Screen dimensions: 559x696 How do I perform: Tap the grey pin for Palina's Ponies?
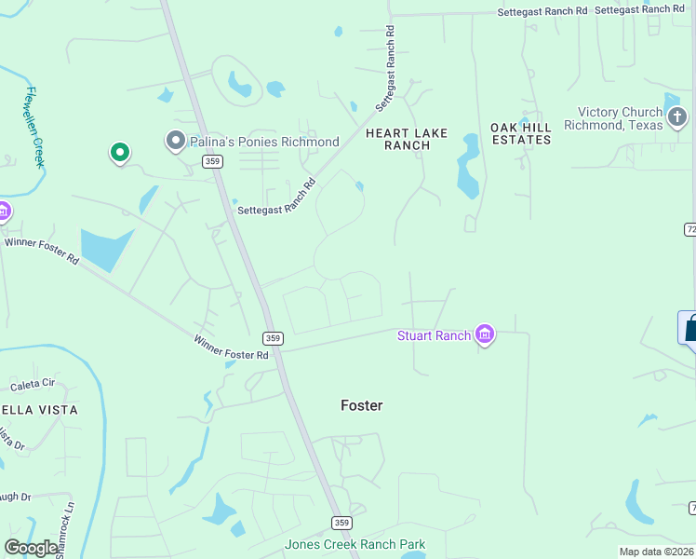(x=176, y=141)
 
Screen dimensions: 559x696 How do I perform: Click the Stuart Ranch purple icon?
(x=484, y=334)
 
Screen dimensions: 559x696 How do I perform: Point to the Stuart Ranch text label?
(x=434, y=335)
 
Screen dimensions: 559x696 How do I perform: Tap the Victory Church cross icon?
(x=677, y=117)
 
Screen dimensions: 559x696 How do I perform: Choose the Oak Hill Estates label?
(x=521, y=133)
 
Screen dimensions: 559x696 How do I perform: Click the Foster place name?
(x=362, y=405)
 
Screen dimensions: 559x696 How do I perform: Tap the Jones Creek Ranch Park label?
(x=355, y=544)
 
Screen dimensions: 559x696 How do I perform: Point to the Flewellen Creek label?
(x=35, y=127)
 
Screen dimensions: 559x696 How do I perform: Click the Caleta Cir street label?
(x=33, y=384)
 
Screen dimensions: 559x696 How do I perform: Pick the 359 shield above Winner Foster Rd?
(x=272, y=338)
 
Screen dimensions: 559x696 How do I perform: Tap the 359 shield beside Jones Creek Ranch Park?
(x=341, y=523)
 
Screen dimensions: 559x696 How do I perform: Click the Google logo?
(x=31, y=548)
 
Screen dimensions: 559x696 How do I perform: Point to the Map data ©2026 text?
(x=657, y=552)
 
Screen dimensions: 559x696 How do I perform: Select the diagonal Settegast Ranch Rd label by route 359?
(x=277, y=198)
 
